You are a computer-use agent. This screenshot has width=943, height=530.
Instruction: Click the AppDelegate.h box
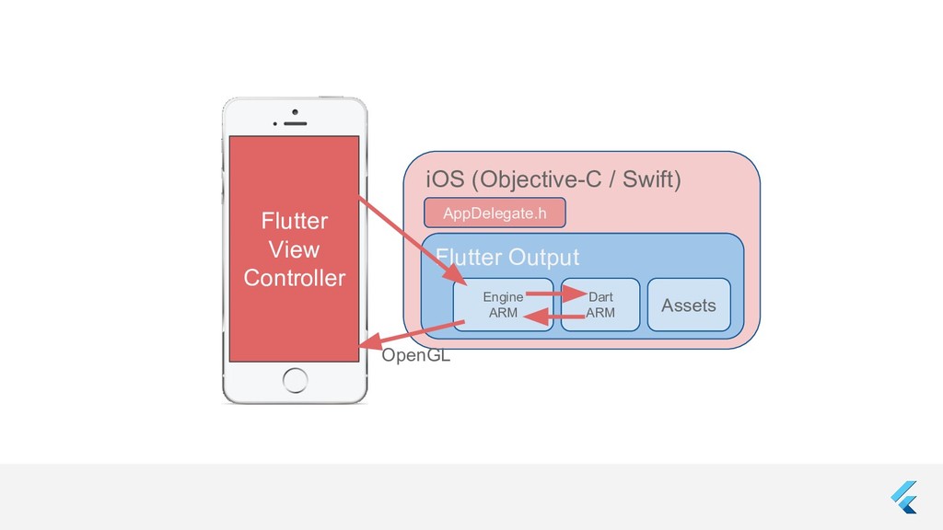[495, 213]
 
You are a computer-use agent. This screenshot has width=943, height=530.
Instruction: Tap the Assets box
[689, 305]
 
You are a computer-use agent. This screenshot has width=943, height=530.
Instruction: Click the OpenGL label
[416, 357]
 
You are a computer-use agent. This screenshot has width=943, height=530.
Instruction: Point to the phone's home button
[295, 379]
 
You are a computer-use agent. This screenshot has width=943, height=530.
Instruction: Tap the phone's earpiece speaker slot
[295, 123]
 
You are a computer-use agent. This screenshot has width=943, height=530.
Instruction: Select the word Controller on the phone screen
[295, 278]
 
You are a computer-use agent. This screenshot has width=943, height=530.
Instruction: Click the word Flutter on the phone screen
[295, 221]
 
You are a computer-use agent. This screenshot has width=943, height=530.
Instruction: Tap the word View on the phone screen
[295, 249]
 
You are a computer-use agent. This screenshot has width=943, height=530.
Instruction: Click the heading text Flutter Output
[507, 257]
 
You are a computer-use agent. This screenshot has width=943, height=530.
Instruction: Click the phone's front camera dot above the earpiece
[295, 111]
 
